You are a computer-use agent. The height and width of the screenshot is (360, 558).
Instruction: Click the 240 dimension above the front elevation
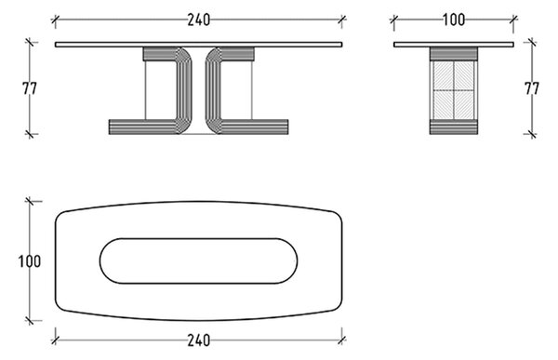pyautogui.click(x=199, y=20)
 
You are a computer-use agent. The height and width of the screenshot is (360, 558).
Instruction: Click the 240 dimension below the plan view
pyautogui.click(x=199, y=340)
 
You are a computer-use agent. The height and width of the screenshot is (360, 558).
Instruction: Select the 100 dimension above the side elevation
pyautogui.click(x=454, y=20)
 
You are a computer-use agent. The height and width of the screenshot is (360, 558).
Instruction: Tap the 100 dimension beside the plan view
pyautogui.click(x=30, y=261)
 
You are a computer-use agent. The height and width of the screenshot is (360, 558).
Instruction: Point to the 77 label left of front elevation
pyautogui.click(x=30, y=88)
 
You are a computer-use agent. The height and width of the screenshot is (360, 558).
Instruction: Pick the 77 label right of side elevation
pyautogui.click(x=532, y=88)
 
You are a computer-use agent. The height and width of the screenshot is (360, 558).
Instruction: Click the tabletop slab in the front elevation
pyautogui.click(x=199, y=45)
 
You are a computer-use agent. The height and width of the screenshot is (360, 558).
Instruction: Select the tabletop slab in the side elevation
pyautogui.click(x=454, y=45)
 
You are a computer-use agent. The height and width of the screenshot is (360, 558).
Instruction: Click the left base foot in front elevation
pyautogui.click(x=143, y=127)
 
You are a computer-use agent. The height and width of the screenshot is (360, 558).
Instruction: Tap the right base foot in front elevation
pyautogui.click(x=254, y=127)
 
